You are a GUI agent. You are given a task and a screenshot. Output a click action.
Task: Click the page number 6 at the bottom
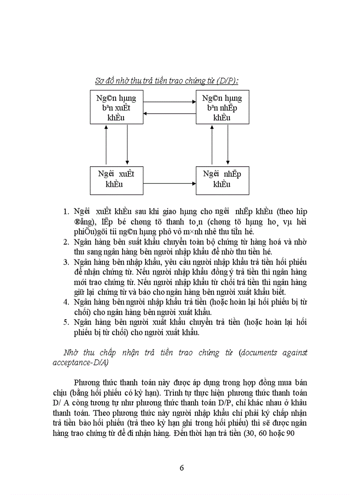tap(182, 468)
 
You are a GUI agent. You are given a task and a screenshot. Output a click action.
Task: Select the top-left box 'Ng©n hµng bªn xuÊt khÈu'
tap(116, 108)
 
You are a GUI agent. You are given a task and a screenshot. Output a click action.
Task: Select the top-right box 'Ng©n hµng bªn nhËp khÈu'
tap(222, 108)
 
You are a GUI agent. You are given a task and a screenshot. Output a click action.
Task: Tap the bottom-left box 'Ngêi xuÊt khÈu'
tap(116, 179)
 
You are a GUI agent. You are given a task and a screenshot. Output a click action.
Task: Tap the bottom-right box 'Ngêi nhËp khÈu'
tap(222, 179)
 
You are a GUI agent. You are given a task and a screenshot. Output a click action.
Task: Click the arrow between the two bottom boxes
tap(169, 183)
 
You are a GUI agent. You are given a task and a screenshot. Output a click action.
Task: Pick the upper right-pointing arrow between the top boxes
tap(169, 102)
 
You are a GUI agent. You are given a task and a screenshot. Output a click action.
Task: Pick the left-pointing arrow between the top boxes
tap(169, 114)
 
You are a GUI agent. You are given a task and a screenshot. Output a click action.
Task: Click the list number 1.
tap(66, 211)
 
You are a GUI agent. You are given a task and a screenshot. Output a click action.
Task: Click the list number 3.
tap(66, 262)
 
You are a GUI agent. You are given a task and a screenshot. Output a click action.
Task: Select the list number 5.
tap(66, 323)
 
